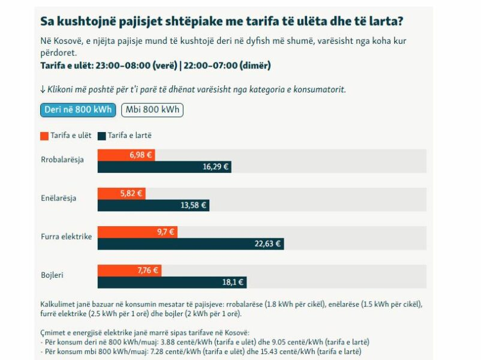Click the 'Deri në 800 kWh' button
78,110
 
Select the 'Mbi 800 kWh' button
152,110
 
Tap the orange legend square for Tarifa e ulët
44,136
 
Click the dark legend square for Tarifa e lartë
101,136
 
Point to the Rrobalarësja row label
62,160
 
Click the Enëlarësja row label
58,198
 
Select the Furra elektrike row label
66,236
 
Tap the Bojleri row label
52,275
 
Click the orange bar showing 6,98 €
126,155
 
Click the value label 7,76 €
148,270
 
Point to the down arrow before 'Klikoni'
43,89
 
